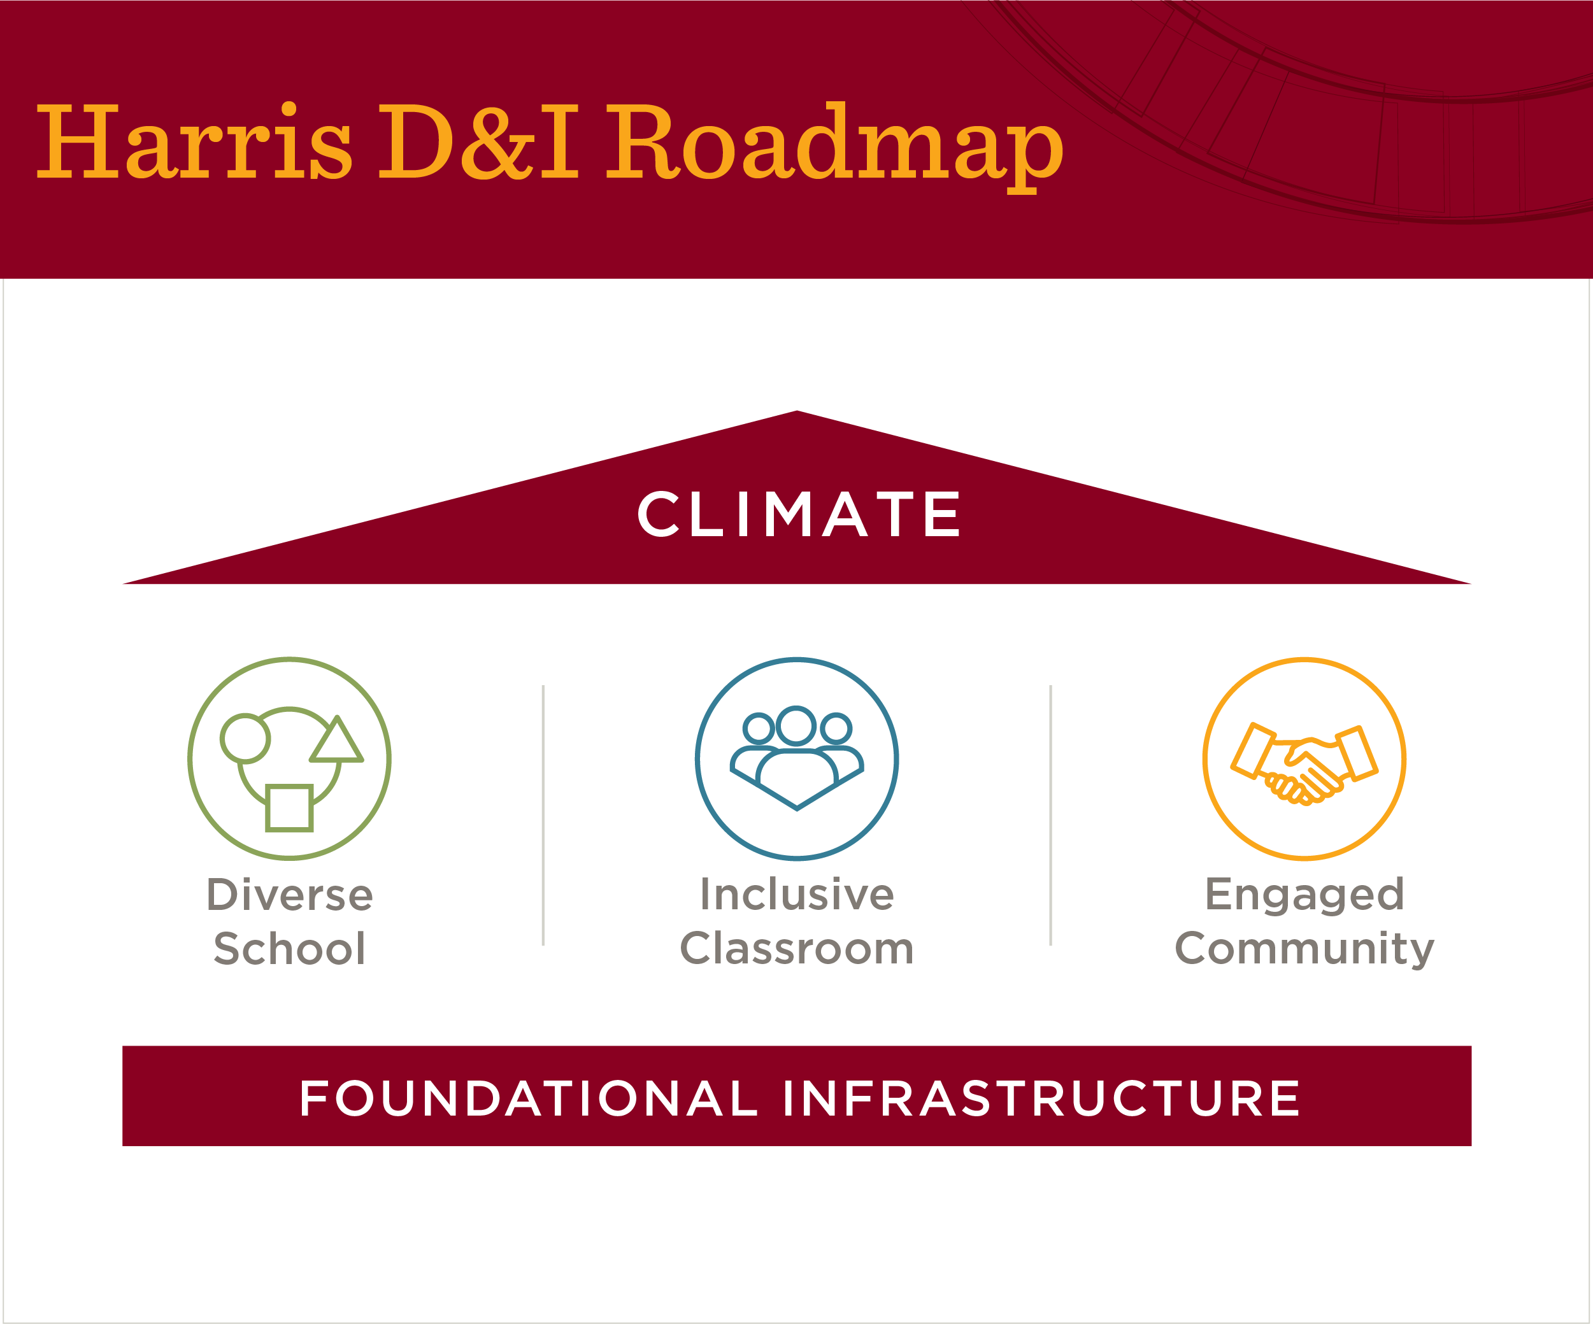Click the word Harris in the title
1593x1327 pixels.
click(194, 142)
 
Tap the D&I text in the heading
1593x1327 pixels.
click(478, 142)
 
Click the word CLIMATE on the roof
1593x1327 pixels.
click(799, 514)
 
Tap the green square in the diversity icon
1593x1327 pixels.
click(289, 808)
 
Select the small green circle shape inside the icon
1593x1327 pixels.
click(245, 738)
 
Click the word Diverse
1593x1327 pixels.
click(290, 895)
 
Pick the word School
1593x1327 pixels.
click(290, 949)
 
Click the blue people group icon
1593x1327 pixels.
click(796, 758)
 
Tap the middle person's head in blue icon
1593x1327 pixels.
click(796, 725)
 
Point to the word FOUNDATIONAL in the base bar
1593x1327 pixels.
click(529, 1099)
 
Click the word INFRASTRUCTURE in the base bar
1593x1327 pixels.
click(1041, 1099)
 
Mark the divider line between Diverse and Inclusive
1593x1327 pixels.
click(543, 815)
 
